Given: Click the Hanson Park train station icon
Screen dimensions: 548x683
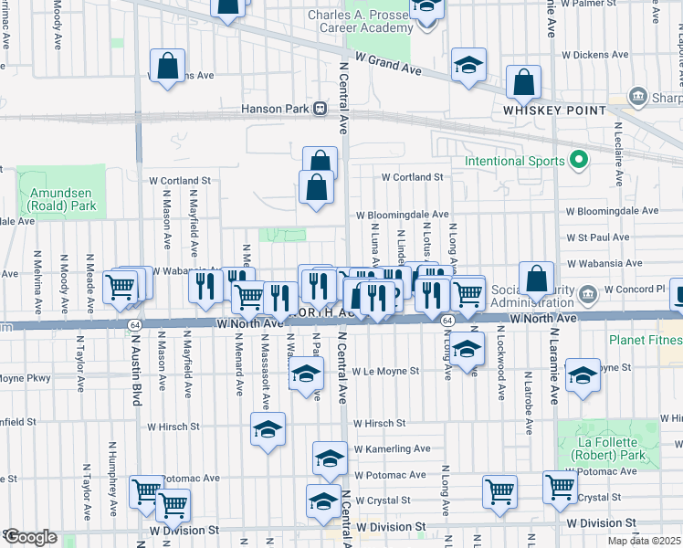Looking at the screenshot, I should click(320, 109).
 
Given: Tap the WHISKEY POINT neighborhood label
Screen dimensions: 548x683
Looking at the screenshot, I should click(554, 110).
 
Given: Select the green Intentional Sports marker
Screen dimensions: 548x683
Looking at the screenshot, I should click(577, 161).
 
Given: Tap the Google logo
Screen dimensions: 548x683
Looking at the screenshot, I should click(30, 537).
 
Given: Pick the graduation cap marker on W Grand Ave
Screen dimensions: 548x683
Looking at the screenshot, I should click(468, 65).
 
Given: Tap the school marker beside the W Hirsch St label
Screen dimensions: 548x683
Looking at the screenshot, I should click(268, 430).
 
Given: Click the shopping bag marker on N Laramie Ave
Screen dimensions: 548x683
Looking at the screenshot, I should click(536, 279).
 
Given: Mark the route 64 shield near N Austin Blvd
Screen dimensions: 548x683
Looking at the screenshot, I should click(134, 324).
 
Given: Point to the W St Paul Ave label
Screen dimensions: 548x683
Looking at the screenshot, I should click(597, 237).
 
